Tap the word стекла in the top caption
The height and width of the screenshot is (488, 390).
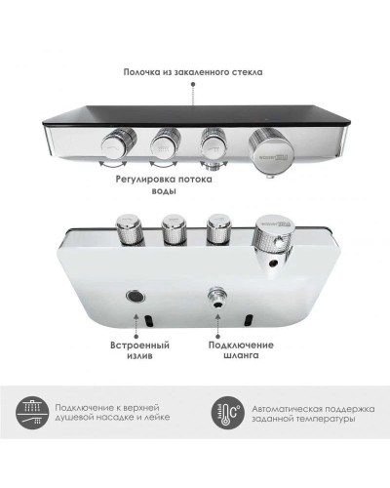tap(247, 71)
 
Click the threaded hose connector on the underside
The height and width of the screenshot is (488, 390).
tap(216, 297)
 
